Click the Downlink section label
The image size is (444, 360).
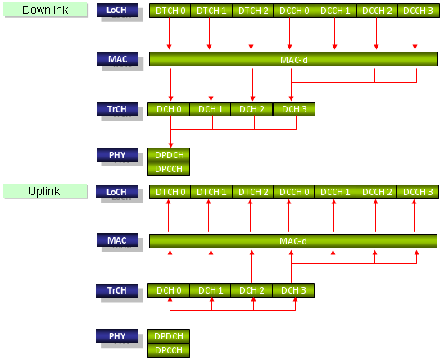(x=45, y=10)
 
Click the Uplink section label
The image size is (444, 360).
(x=45, y=191)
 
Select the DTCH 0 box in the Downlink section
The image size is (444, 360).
(x=170, y=11)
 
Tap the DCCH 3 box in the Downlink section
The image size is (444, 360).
(x=419, y=11)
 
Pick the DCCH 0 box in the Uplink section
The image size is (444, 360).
(x=294, y=192)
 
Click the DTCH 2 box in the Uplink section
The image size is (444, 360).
(x=253, y=192)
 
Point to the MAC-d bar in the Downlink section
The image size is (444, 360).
(x=293, y=59)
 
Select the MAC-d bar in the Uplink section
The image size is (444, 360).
(x=293, y=241)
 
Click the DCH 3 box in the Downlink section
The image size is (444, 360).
(x=294, y=109)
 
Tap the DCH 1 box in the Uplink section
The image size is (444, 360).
(x=211, y=290)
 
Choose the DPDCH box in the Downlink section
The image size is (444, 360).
(x=169, y=155)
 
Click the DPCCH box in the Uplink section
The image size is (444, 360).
(x=169, y=350)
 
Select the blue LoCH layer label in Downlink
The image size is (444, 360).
(x=117, y=10)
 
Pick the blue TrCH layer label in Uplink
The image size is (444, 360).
(x=116, y=290)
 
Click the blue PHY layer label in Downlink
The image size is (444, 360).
(x=117, y=155)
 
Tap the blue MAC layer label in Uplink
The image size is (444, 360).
(x=117, y=240)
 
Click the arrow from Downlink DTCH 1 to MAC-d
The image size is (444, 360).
(x=209, y=34)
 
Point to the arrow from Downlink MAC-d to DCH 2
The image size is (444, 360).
(x=252, y=84)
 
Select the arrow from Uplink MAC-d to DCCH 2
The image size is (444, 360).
(x=375, y=216)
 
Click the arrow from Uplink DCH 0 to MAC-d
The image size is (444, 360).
(x=170, y=267)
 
